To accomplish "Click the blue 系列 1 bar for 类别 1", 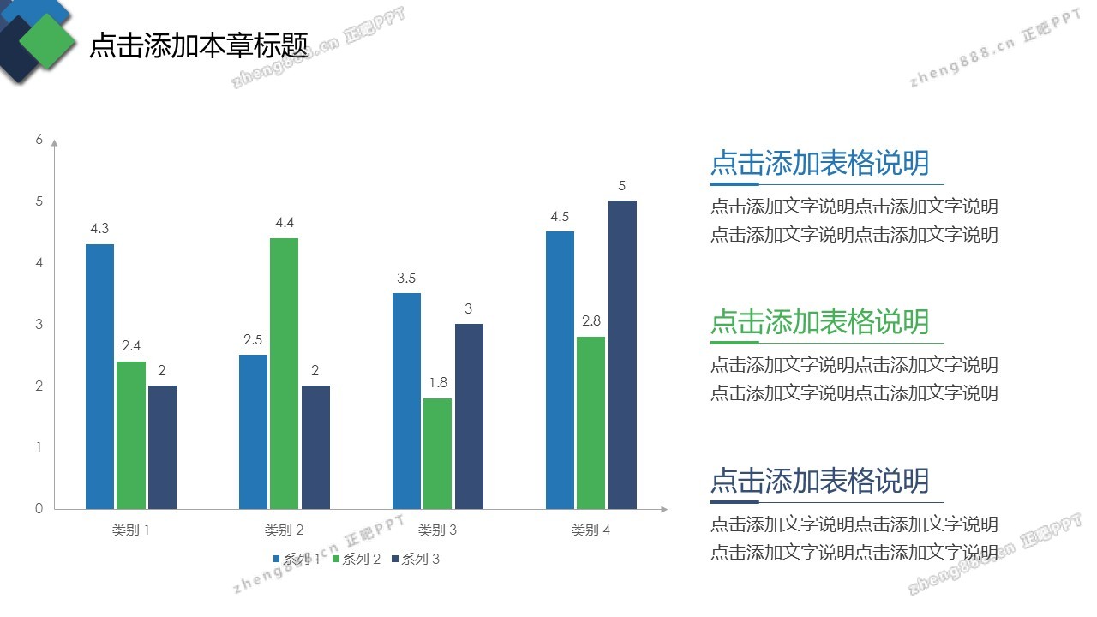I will coord(99,377).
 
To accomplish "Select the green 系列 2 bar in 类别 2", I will coord(284,374).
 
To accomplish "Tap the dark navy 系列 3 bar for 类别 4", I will coord(622,355).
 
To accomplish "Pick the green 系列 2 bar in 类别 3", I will coord(437,454).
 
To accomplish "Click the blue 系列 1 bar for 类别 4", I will coord(560,370).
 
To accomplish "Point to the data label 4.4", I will coord(285,223).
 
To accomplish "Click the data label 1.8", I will coord(438,383).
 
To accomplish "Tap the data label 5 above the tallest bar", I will coord(622,185).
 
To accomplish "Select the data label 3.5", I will coord(406,278).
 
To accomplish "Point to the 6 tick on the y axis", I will coord(39,140).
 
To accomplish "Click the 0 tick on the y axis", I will coord(39,509).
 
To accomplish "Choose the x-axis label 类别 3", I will coord(437,530).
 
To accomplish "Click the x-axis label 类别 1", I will coord(130,530).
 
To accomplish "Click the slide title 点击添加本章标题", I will coord(198,45).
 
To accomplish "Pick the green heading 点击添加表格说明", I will coord(819,321).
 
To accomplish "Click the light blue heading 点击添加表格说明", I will coord(819,163).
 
